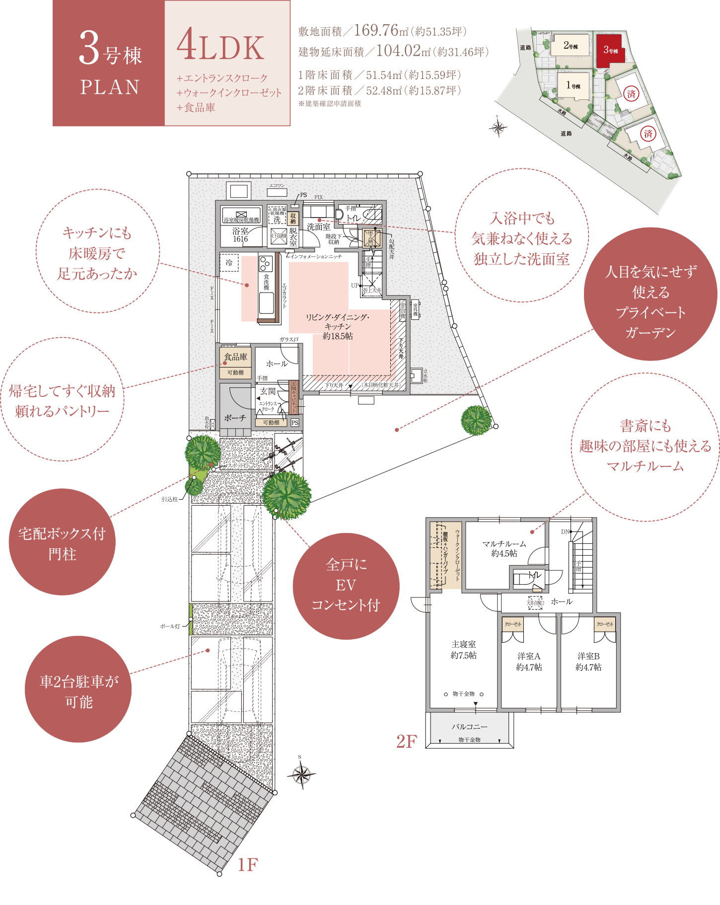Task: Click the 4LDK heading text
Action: (x=220, y=46)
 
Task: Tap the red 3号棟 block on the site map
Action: (x=610, y=50)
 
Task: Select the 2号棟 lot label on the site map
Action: (x=571, y=46)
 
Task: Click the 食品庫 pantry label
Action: (x=235, y=357)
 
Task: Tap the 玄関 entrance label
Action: (x=267, y=391)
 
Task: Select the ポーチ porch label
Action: (x=235, y=418)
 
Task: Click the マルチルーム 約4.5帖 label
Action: (x=504, y=548)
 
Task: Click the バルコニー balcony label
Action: (x=469, y=727)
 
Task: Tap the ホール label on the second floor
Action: (x=562, y=602)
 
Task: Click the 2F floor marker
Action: (x=407, y=742)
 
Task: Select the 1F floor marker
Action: (x=247, y=865)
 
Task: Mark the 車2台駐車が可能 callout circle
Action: (x=78, y=690)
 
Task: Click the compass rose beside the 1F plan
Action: (x=301, y=773)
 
